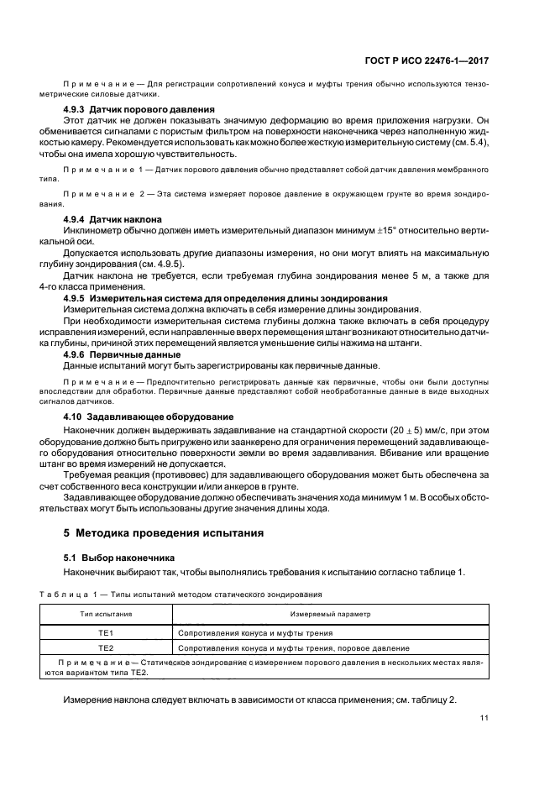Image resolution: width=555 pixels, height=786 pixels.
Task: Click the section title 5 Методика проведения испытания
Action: [x=165, y=532]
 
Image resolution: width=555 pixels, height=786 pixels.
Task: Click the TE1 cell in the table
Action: [x=106, y=632]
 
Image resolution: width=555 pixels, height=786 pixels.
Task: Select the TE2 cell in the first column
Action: [x=106, y=648]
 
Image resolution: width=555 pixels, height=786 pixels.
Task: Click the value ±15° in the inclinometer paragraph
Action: [x=364, y=231]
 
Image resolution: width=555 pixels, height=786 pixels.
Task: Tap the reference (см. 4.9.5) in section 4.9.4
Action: [x=161, y=265]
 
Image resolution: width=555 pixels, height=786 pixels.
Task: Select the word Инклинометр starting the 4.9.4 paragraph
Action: [x=92, y=231]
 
